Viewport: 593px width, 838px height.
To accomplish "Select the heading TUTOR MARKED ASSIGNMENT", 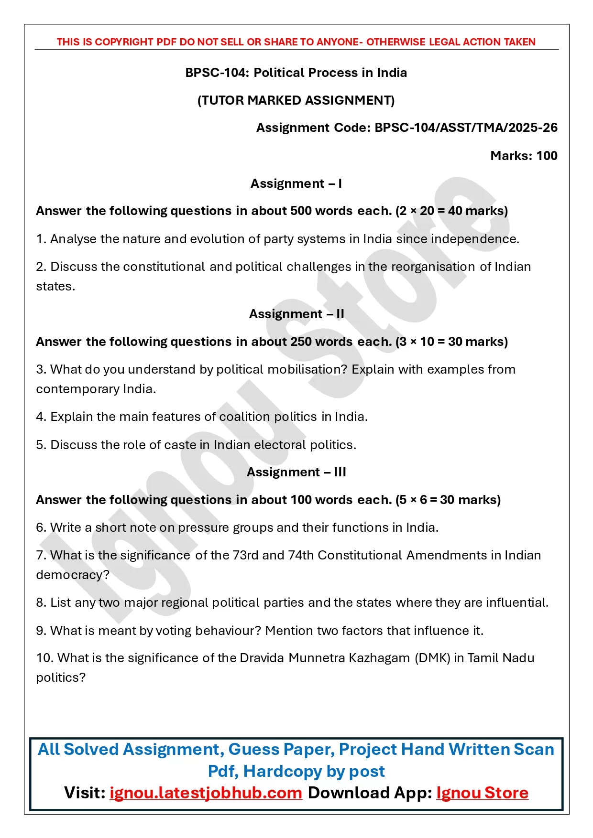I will click(296, 100).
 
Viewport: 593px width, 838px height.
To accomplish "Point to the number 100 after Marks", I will click(547, 156).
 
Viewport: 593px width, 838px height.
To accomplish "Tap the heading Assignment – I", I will click(296, 183).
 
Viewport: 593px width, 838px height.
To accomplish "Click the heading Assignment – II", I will click(296, 314).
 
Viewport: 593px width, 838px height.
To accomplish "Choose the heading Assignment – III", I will click(296, 472).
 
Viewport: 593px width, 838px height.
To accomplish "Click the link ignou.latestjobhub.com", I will click(206, 793).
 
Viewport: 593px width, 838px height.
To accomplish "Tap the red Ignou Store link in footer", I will click(482, 793).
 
